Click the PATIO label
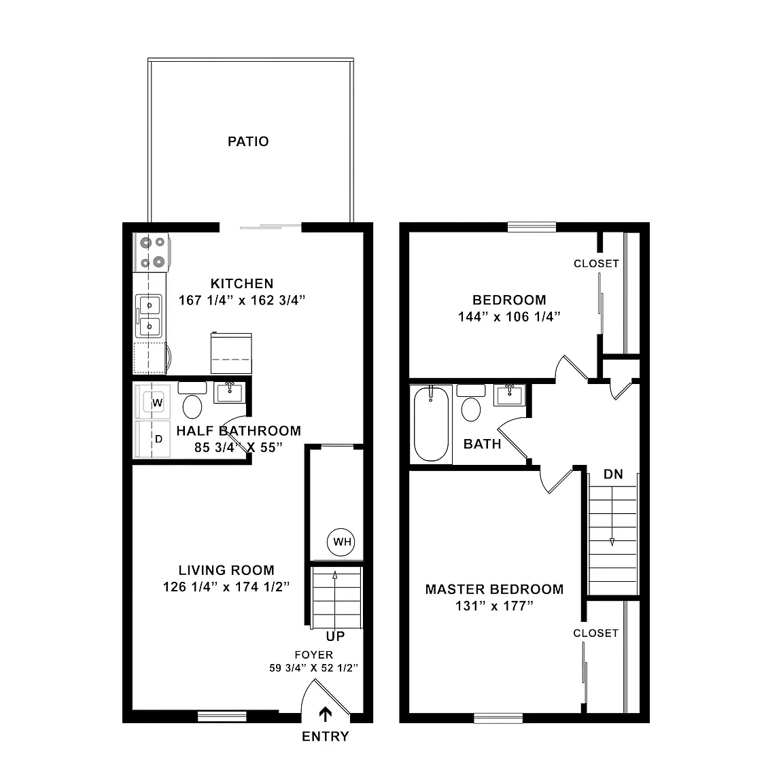pos(248,141)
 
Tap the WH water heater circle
pos(341,542)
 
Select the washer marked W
pos(152,402)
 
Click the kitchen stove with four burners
pos(152,252)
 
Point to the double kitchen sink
pos(149,315)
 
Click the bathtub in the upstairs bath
pos(431,424)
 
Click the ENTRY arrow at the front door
pos(325,714)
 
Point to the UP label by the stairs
pos(335,636)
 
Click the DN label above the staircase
pos(613,474)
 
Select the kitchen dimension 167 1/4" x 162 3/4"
pos(242,300)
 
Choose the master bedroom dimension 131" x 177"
pos(494,606)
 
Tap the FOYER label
pos(313,655)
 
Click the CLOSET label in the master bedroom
pos(595,633)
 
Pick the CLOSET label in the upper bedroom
pos(596,264)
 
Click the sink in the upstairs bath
pos(509,396)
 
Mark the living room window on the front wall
pos(222,716)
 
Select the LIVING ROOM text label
pos(227,570)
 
